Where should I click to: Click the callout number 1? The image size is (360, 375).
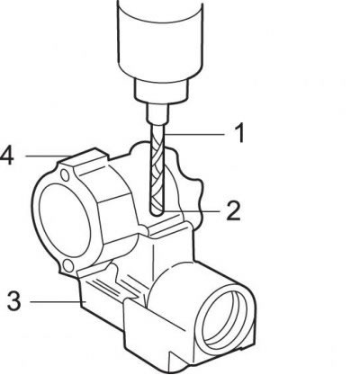(238, 133)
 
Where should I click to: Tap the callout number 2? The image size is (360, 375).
(233, 210)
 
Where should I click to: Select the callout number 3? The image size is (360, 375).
(14, 300)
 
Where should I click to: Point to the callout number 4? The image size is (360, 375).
(7, 156)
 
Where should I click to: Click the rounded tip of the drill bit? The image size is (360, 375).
(157, 213)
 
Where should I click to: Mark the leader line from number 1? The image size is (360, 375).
(194, 134)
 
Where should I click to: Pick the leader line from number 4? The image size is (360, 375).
(47, 156)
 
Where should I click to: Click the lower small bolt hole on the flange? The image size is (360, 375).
(68, 265)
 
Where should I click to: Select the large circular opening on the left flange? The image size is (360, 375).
(65, 220)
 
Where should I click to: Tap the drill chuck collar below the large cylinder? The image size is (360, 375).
(161, 88)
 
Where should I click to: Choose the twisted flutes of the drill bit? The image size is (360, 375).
(157, 169)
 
